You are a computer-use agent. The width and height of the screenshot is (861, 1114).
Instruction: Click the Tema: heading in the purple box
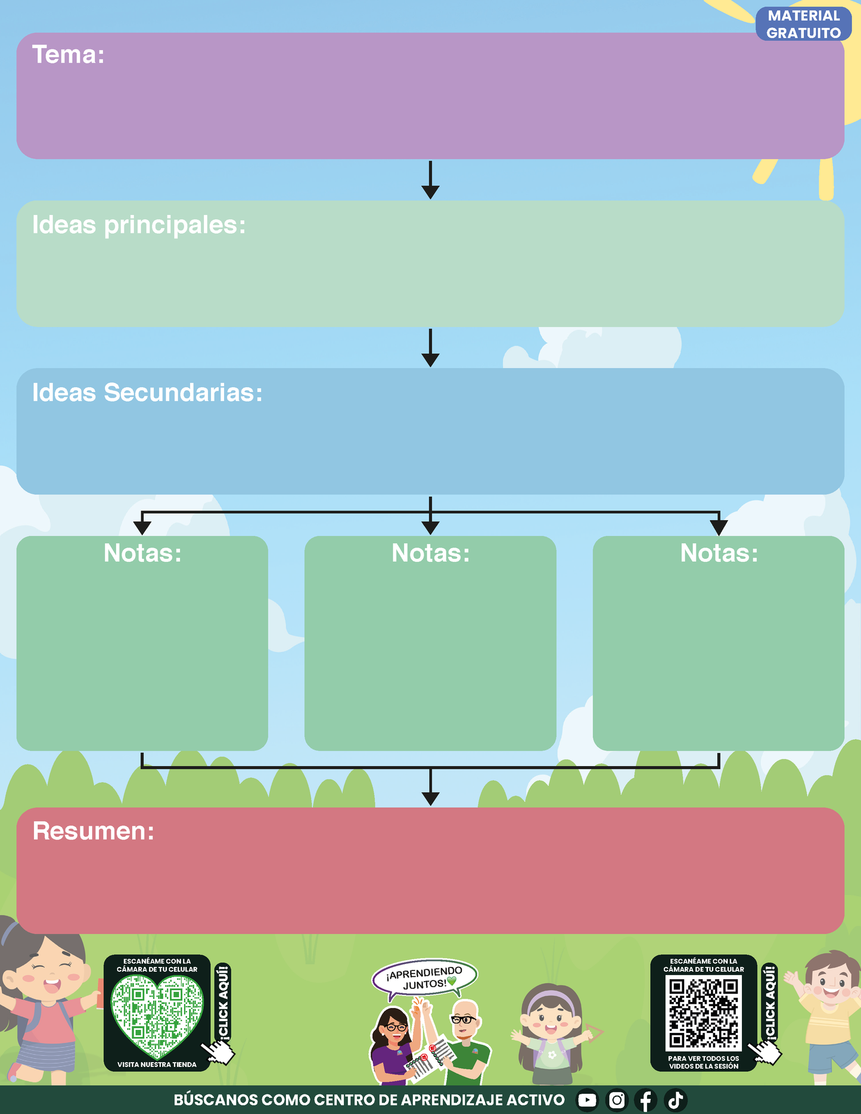tap(68, 54)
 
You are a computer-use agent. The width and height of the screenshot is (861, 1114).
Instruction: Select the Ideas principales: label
tap(139, 225)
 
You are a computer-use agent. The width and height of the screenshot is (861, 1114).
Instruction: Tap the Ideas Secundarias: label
tap(147, 393)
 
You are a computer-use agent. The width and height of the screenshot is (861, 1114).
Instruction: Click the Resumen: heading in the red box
tap(94, 831)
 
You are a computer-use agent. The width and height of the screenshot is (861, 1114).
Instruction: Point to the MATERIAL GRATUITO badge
tap(803, 24)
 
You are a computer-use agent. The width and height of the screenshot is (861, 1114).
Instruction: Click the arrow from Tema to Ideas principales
tap(430, 180)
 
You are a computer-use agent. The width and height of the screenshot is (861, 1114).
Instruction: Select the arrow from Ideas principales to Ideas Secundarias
tap(430, 348)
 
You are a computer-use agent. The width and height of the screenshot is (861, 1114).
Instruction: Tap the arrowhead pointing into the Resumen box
tap(430, 799)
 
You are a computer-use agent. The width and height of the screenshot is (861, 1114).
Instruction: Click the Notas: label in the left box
tap(142, 553)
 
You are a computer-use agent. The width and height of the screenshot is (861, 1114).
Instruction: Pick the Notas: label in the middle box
tap(431, 553)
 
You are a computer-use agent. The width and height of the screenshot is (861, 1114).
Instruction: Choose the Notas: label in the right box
tap(719, 553)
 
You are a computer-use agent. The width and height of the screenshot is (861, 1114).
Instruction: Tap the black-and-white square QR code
tap(703, 1014)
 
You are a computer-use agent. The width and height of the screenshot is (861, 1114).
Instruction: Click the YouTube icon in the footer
tap(587, 1100)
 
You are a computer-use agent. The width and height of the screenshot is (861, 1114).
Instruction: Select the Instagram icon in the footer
tap(617, 1100)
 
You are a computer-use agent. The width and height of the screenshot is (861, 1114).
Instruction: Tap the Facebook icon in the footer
tap(646, 1100)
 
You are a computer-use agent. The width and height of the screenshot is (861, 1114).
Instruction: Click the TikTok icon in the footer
tap(676, 1100)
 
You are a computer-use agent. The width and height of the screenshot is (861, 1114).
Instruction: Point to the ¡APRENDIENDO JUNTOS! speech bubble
tap(424, 978)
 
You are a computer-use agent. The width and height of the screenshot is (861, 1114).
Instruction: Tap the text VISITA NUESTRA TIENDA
tap(157, 1065)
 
